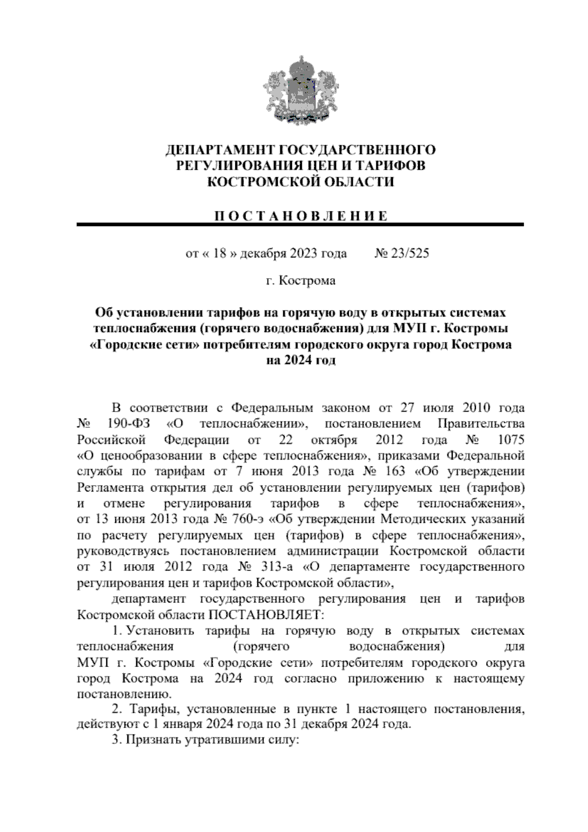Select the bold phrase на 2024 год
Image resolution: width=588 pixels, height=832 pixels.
tap(300, 361)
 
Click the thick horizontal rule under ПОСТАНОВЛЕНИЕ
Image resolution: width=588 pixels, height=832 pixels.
tap(300, 225)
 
